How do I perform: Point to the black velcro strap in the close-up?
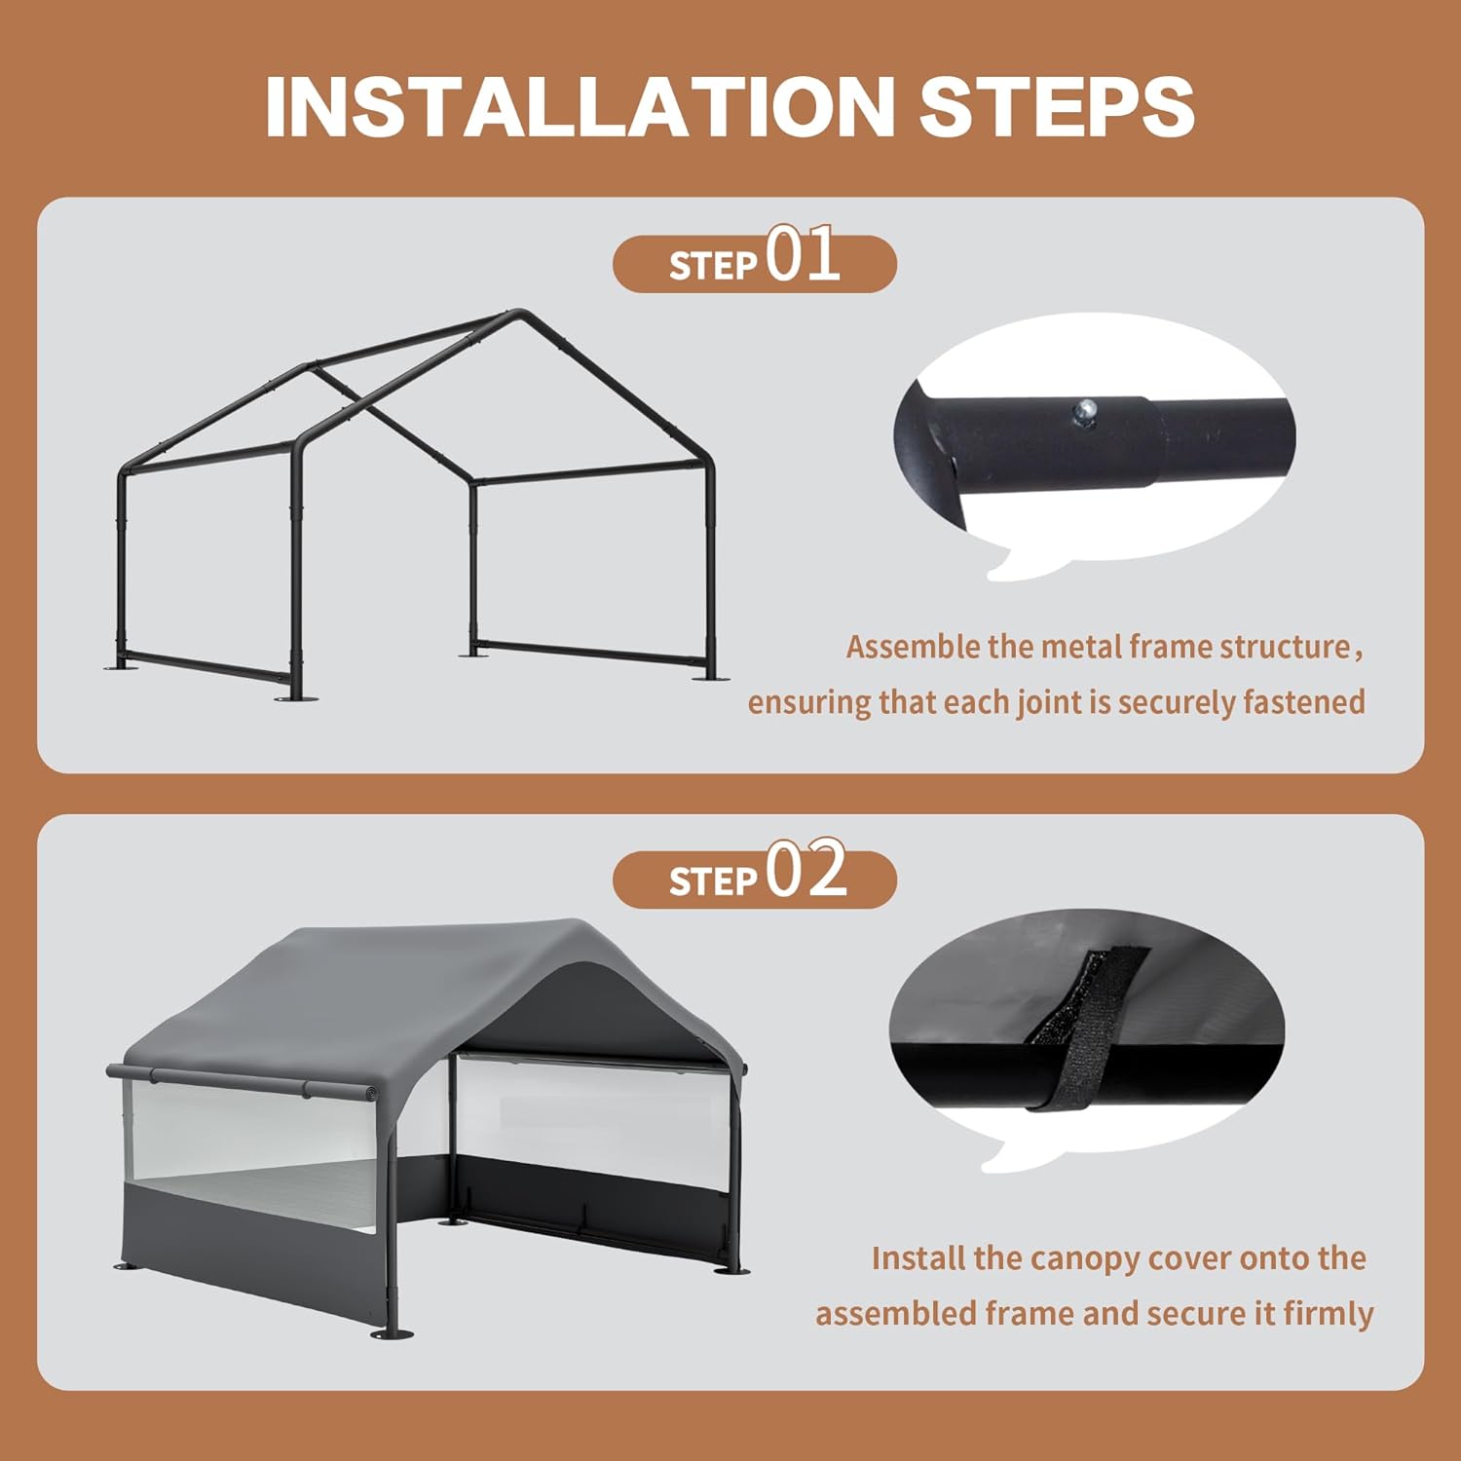(1076, 1032)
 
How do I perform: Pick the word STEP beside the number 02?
(713, 881)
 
